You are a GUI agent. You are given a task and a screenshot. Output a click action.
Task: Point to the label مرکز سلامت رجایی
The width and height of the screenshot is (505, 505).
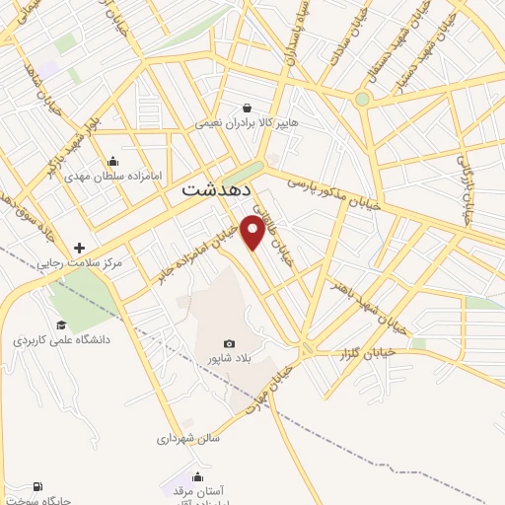79,263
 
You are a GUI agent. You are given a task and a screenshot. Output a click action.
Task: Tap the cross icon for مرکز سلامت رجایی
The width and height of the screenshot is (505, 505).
80,248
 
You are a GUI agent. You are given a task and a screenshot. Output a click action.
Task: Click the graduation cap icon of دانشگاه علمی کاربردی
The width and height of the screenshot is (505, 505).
61,325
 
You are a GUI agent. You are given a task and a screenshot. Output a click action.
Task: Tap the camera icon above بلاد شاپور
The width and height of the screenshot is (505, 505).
229,343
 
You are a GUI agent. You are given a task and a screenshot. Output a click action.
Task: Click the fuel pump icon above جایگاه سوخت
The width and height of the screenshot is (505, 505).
37,486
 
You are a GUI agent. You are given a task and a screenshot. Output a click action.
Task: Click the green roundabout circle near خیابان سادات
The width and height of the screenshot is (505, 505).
362,100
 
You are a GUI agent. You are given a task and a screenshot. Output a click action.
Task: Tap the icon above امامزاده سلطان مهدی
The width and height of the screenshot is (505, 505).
112,161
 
